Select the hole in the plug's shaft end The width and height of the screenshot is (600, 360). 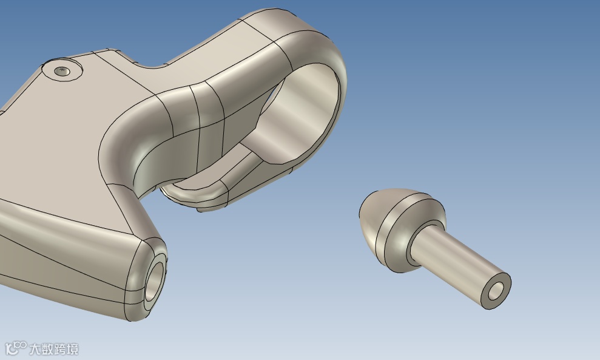tap(497, 291)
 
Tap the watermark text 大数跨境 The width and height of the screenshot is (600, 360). tap(53, 349)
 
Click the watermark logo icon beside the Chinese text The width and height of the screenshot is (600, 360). tap(16, 348)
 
